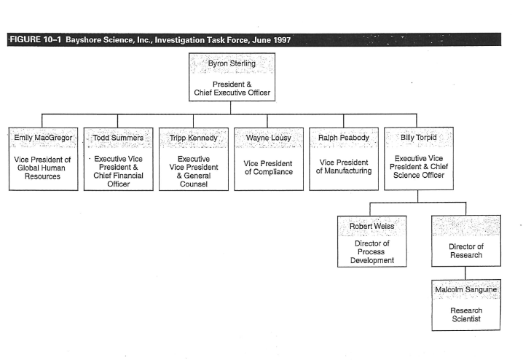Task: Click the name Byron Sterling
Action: coord(231,64)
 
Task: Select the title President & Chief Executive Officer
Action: coord(231,88)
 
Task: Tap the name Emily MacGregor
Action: coord(43,137)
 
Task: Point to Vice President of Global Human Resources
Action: coord(43,167)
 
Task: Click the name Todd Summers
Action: coord(118,137)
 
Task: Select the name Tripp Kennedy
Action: coord(193,137)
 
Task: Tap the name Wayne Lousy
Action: coord(268,137)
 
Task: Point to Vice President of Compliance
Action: coord(268,167)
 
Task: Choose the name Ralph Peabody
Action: coord(344,137)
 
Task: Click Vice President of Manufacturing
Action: coord(344,167)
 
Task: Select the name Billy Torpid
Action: coord(418,137)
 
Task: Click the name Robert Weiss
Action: coord(372,226)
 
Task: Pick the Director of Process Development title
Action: coord(372,251)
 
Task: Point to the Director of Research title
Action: coord(466,251)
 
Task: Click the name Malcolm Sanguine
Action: coord(466,289)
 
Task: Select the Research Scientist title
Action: coord(466,315)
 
